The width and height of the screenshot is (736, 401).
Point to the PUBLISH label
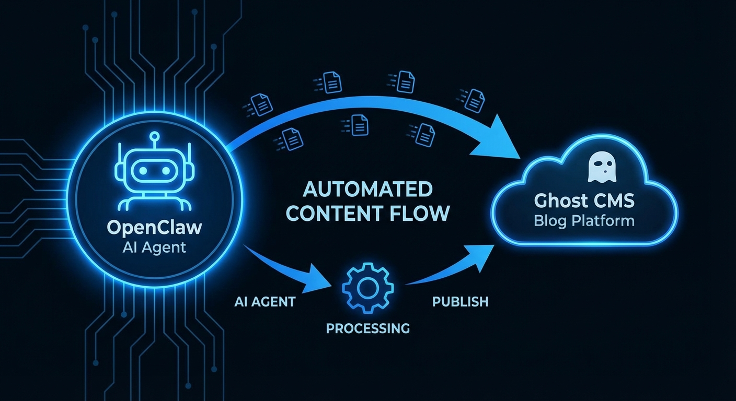click(x=460, y=301)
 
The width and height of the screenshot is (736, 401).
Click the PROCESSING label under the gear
click(x=367, y=328)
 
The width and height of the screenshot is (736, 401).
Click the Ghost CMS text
click(x=584, y=200)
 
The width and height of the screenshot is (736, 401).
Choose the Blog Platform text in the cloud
click(x=584, y=220)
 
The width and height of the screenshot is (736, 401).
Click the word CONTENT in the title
click(x=331, y=213)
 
